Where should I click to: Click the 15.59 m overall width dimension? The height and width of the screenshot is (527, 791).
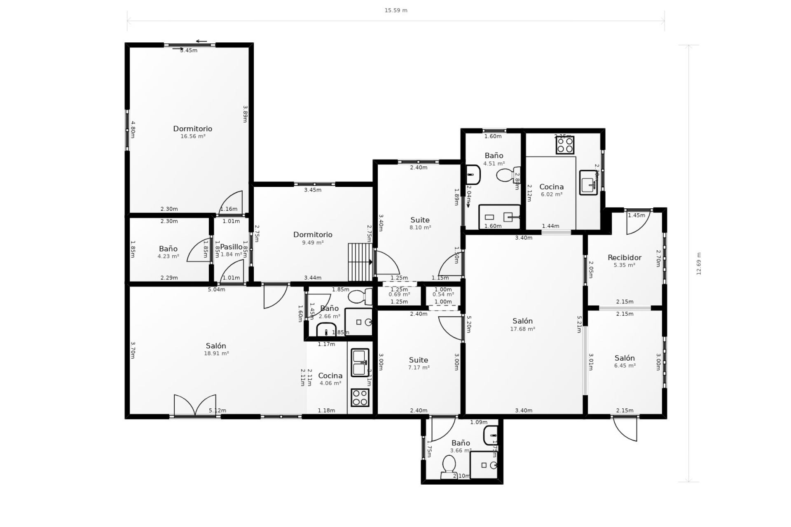coord(396,10)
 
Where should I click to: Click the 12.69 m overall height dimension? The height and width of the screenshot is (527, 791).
coord(699,263)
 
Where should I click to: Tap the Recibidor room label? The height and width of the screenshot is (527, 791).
coord(625,258)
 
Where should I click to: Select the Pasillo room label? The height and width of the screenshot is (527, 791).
coord(231,247)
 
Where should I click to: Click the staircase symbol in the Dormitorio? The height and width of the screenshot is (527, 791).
coord(360,262)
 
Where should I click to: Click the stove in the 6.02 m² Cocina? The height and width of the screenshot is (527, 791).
coord(565,145)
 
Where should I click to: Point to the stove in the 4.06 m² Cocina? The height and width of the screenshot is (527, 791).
coord(360,397)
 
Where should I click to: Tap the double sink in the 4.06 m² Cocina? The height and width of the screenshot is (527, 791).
coord(360,363)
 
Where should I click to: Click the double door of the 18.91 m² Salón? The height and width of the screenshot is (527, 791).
coord(195,406)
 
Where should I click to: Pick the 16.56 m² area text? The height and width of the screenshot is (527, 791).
coord(193,136)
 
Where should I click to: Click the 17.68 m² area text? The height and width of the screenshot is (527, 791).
coord(522,329)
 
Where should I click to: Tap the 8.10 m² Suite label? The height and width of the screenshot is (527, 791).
coord(420,220)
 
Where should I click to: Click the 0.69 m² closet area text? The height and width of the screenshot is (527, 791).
coord(399,294)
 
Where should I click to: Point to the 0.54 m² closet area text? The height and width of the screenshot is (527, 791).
coord(443,294)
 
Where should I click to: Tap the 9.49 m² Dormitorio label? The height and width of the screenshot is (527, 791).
coord(313,235)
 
